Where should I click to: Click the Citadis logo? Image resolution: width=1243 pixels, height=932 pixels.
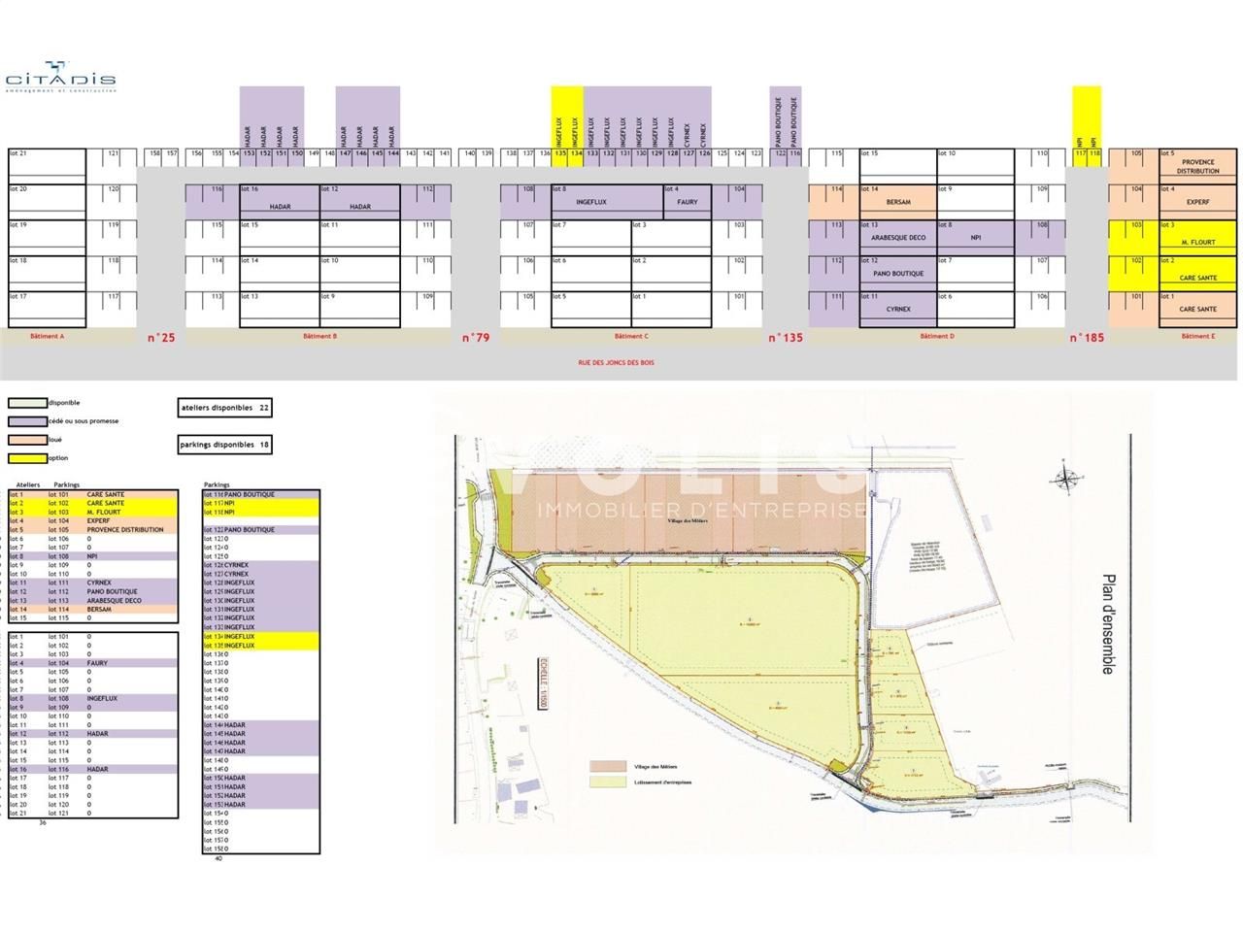click(x=60, y=82)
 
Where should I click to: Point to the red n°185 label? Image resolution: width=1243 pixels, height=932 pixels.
click(x=1087, y=338)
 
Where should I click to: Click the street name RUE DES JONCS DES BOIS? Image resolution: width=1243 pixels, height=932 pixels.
click(x=618, y=363)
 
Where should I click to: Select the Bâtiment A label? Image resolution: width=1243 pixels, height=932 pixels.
click(x=48, y=336)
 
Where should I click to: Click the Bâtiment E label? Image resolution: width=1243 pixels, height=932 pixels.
click(x=1196, y=336)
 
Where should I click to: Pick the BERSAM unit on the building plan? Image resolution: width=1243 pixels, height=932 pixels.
click(x=897, y=202)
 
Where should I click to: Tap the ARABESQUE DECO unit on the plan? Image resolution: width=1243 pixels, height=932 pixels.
click(x=897, y=238)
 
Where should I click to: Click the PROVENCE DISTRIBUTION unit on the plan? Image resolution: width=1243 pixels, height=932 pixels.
click(x=1197, y=166)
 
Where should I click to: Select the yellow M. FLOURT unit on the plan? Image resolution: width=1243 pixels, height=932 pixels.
click(x=1197, y=242)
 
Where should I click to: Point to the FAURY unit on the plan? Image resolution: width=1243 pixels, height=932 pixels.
click(x=687, y=202)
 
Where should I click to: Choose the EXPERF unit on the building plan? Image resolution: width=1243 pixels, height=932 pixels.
click(x=1197, y=202)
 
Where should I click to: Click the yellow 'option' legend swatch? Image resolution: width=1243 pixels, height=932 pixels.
click(x=26, y=458)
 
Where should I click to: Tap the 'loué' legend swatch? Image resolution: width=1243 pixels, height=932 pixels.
click(x=26, y=440)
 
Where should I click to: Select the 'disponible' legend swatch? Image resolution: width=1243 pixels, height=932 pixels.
click(x=26, y=403)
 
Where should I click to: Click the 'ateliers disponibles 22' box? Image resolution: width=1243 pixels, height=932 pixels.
click(x=224, y=409)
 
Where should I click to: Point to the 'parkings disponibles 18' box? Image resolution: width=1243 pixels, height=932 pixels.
click(x=224, y=445)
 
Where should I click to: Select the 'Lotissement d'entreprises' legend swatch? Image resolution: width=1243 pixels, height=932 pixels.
click(x=606, y=781)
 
